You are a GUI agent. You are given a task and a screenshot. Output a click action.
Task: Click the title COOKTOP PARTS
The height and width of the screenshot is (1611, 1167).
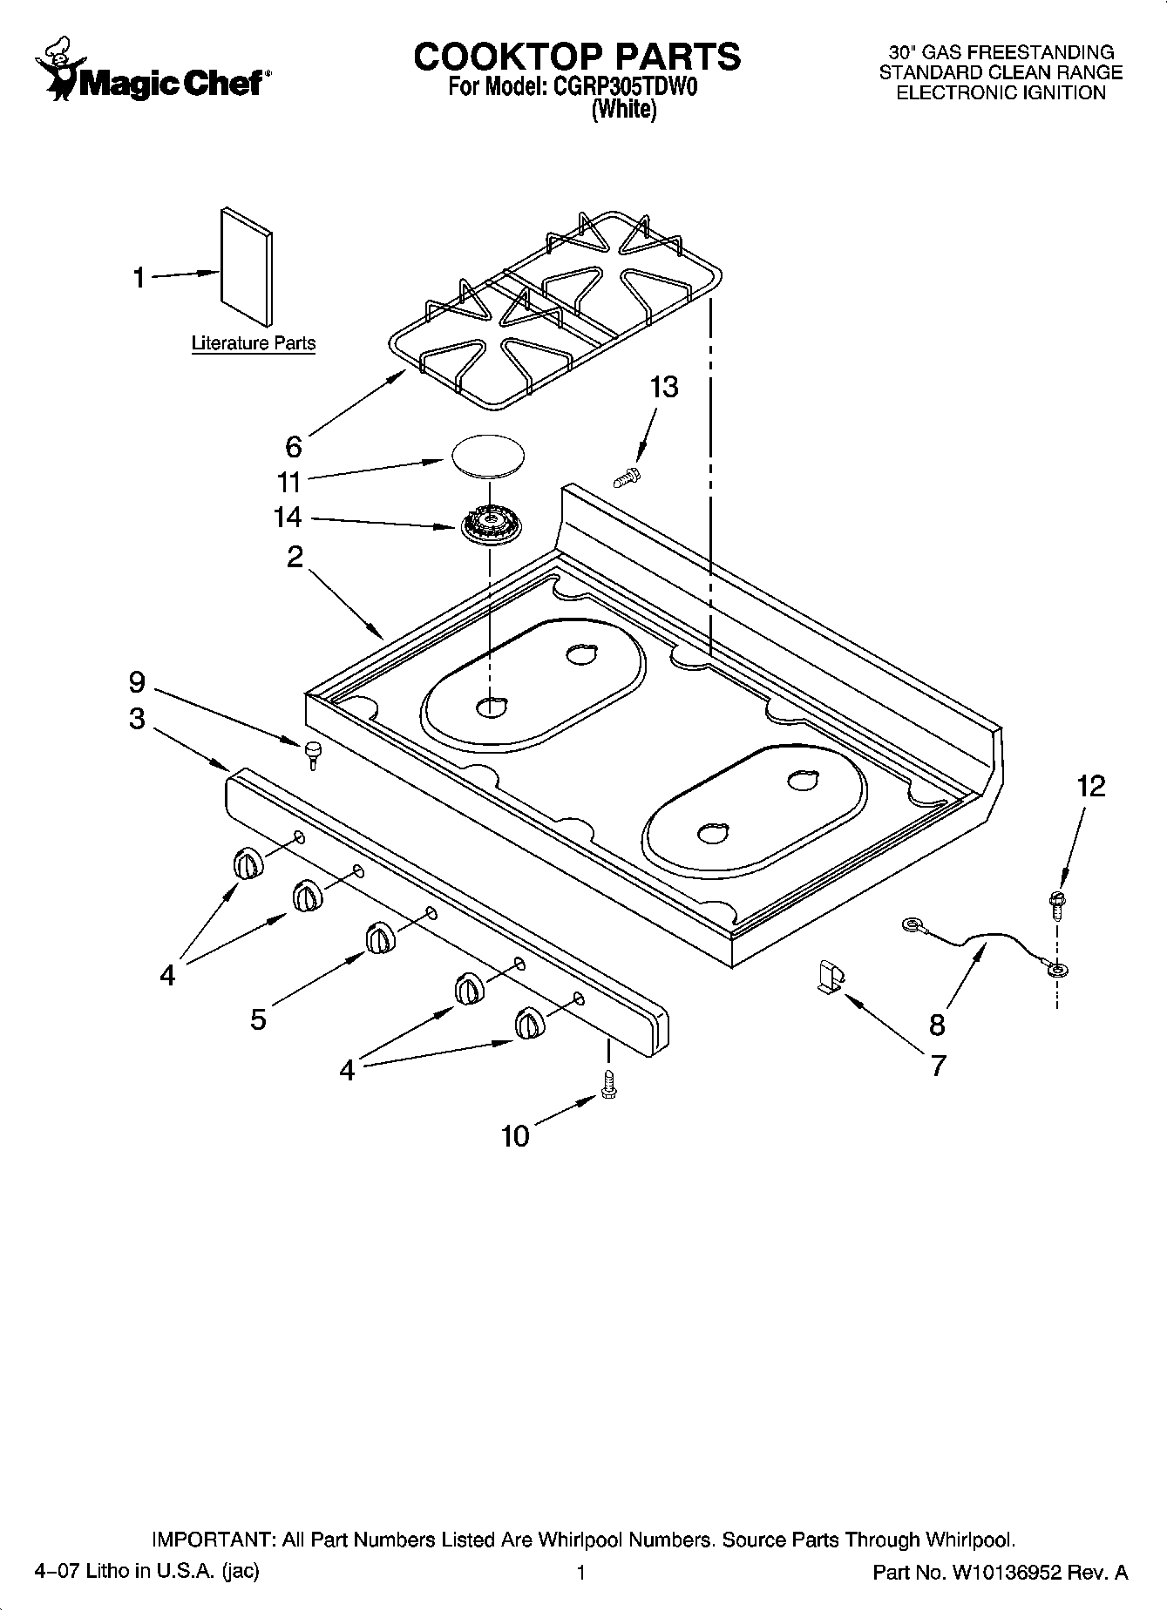pos(576,58)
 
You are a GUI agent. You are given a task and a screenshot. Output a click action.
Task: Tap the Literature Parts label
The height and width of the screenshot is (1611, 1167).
pos(253,343)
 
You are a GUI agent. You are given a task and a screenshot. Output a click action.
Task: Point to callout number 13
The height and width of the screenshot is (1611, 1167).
pos(664,386)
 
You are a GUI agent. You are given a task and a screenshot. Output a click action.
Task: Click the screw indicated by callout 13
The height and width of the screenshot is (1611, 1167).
pos(625,477)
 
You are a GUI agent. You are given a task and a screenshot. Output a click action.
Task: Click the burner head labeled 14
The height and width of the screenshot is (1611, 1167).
pos(485,525)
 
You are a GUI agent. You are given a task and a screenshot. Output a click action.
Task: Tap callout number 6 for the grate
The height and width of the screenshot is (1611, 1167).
pos(294,446)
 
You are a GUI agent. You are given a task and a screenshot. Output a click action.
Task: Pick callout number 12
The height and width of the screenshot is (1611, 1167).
pos(1090,786)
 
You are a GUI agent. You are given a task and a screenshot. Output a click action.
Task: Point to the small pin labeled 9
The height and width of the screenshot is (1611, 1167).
pos(311,752)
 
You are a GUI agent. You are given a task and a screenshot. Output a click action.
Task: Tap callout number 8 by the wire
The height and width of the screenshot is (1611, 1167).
pos(937,1025)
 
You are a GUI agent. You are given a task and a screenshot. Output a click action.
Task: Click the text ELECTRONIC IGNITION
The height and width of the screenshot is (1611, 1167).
pos(1001,93)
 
